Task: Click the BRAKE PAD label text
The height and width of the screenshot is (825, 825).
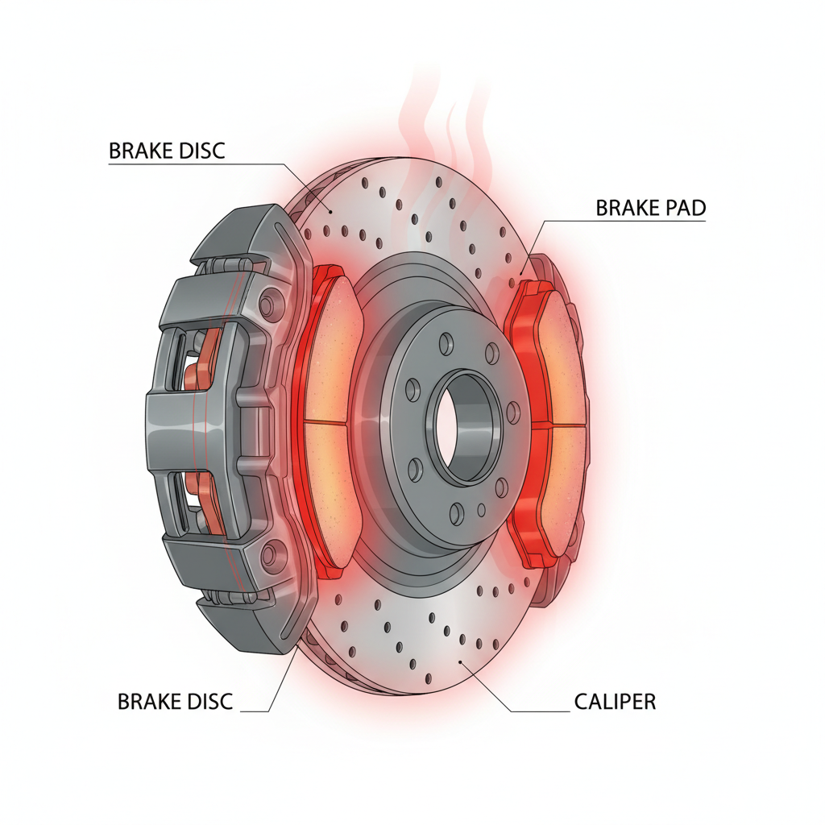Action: (x=650, y=208)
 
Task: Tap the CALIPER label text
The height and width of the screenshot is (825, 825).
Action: (x=615, y=702)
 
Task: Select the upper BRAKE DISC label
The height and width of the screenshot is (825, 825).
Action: (x=167, y=151)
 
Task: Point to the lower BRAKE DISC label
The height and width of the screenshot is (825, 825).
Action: (x=175, y=702)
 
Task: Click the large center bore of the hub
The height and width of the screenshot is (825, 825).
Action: (x=464, y=426)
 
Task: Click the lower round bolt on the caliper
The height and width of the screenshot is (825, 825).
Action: (x=269, y=555)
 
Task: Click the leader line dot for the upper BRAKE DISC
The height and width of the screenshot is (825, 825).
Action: (x=330, y=212)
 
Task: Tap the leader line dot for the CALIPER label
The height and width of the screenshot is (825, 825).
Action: (x=461, y=662)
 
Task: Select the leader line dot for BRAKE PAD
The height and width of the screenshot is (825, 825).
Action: (x=521, y=273)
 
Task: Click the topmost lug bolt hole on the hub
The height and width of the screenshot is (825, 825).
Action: (x=446, y=342)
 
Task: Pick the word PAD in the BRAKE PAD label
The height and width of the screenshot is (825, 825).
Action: (x=682, y=208)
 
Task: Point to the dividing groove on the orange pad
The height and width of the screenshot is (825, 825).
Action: (x=326, y=422)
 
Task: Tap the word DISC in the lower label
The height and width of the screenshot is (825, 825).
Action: (x=209, y=702)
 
